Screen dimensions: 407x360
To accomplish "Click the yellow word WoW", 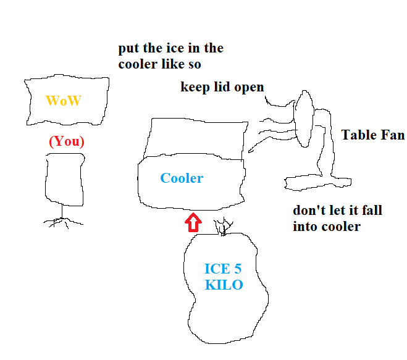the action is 64,101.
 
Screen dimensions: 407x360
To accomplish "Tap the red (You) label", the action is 67,141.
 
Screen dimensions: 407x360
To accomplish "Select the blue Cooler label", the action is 182,178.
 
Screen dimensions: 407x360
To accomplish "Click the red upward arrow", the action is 193,222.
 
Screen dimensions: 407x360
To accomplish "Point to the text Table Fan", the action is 373,135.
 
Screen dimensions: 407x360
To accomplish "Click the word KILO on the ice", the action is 224,285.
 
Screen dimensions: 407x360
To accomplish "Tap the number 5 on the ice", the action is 238,269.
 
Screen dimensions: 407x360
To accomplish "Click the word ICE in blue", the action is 217,269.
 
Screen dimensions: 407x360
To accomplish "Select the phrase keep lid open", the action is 222,87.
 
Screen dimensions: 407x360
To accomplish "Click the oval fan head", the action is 303,119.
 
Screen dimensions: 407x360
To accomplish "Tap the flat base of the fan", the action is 317,183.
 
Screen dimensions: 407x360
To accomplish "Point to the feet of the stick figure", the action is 62,222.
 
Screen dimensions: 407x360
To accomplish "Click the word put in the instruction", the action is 128,49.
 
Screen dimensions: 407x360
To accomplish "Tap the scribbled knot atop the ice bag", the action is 223,227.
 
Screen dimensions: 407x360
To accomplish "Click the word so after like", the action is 195,65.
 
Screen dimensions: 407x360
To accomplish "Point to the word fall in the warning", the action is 372,210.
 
